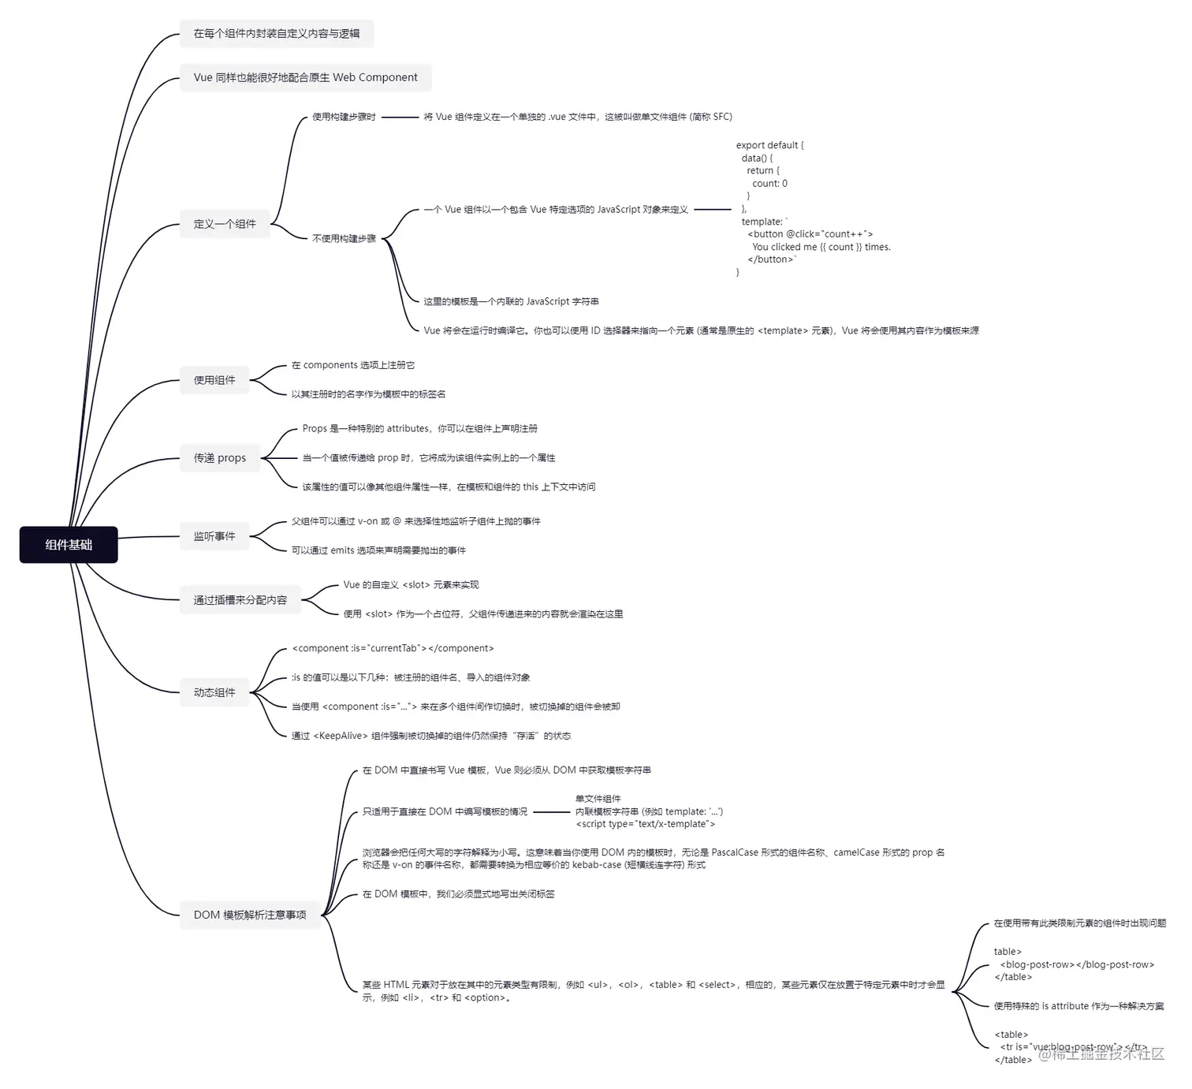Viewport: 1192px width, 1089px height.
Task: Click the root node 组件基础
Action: [69, 545]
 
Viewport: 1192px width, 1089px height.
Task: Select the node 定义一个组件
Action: [225, 224]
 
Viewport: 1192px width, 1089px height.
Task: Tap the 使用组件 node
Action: [214, 380]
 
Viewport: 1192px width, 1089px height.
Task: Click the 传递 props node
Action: [220, 458]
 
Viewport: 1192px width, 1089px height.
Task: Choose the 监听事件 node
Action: [214, 536]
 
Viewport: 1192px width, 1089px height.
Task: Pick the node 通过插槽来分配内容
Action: [240, 600]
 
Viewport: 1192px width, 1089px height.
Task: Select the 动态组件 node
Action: [214, 692]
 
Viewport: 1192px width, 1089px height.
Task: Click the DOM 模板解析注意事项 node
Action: [250, 915]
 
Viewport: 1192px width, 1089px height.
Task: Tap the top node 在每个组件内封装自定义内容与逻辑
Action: [277, 34]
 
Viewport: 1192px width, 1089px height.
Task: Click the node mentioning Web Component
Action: [306, 77]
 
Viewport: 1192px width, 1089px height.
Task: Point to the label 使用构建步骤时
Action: [344, 117]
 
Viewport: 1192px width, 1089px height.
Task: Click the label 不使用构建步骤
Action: [344, 238]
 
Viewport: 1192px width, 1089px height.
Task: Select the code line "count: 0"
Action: [769, 184]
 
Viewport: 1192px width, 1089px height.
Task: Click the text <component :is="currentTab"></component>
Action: [393, 648]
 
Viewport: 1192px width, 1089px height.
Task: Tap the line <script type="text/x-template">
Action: [646, 824]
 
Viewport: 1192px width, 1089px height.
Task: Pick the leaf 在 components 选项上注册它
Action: [353, 365]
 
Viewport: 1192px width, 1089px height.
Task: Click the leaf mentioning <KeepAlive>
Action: [431, 736]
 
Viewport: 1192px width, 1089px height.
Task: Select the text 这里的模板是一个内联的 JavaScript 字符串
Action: [511, 301]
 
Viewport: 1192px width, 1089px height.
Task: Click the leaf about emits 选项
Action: [378, 550]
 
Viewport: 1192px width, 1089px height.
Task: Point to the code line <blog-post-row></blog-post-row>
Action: [1077, 964]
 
